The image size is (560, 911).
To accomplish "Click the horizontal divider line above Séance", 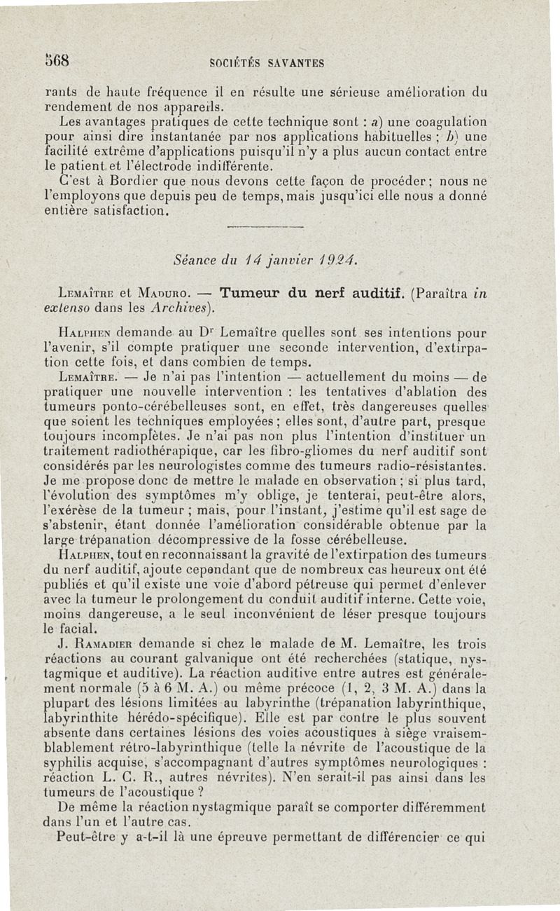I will pos(266,226).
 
